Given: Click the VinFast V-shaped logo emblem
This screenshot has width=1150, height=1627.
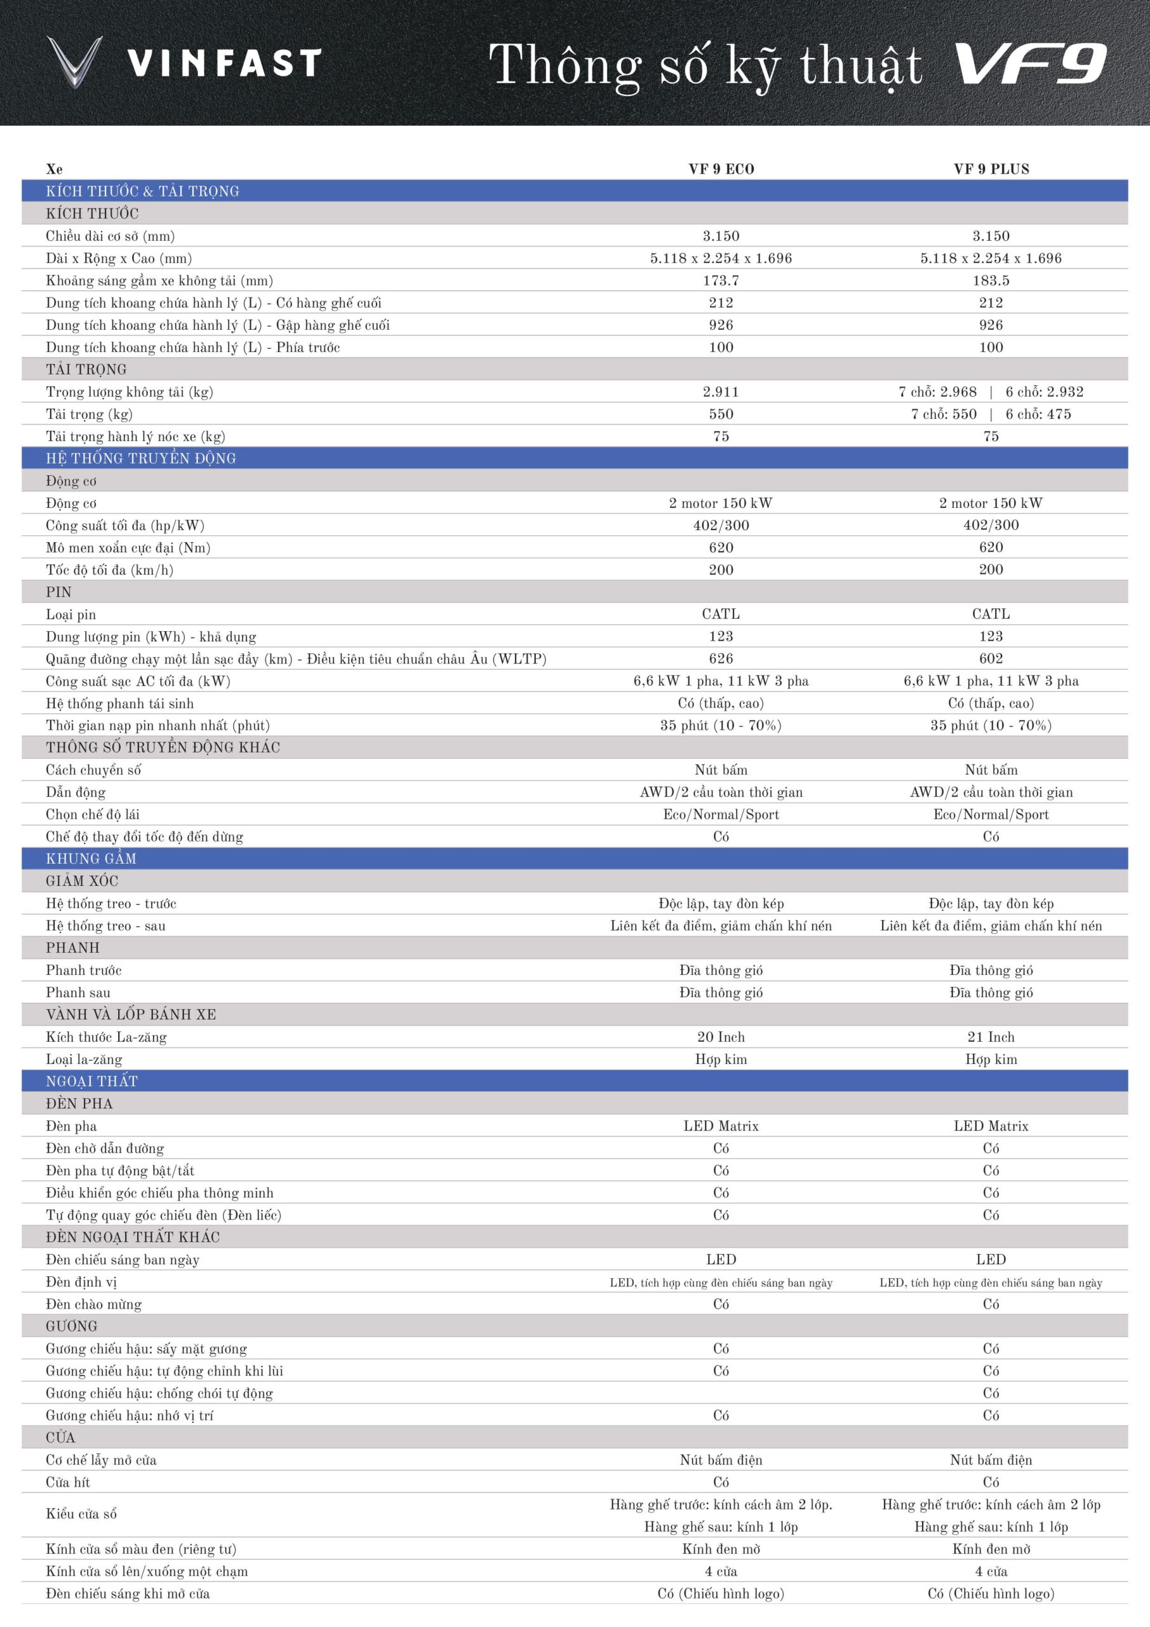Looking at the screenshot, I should pyautogui.click(x=74, y=62).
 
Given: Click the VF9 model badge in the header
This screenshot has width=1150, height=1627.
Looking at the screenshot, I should pyautogui.click(x=1031, y=64).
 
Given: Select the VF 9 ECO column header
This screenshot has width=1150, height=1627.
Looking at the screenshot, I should pyautogui.click(x=721, y=169).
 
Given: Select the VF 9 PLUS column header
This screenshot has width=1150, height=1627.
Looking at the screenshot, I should pyautogui.click(x=991, y=169).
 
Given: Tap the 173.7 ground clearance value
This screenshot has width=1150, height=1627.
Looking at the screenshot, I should pyautogui.click(x=721, y=281).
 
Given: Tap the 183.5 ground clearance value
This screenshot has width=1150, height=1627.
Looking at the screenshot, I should pyautogui.click(x=991, y=281).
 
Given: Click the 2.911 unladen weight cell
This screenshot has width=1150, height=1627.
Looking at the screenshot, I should pyautogui.click(x=721, y=392).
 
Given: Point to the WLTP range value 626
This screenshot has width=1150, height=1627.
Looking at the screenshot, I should pyautogui.click(x=721, y=658).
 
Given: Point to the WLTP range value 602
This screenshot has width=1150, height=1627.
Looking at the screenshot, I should pyautogui.click(x=991, y=658).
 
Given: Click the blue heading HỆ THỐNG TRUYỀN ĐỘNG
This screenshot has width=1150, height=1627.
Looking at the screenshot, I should pyautogui.click(x=141, y=458).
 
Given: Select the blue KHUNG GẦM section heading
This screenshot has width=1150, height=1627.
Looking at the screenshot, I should pyautogui.click(x=91, y=859).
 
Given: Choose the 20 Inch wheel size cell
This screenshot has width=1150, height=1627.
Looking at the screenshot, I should pyautogui.click(x=721, y=1037).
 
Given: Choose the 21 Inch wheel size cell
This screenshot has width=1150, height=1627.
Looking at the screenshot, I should pyautogui.click(x=991, y=1037).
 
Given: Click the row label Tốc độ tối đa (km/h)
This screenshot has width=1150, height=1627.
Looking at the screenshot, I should pyautogui.click(x=110, y=569).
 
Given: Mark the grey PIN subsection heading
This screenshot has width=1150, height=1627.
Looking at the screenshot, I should pyautogui.click(x=59, y=592).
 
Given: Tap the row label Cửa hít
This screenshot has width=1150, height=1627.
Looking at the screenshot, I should pyautogui.click(x=68, y=1481).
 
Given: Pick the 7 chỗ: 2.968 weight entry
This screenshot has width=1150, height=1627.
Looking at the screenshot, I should pyautogui.click(x=937, y=392).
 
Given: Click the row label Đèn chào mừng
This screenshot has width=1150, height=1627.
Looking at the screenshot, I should pyautogui.click(x=94, y=1304).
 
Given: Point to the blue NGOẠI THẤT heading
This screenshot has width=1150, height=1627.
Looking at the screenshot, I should pyautogui.click(x=92, y=1081).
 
